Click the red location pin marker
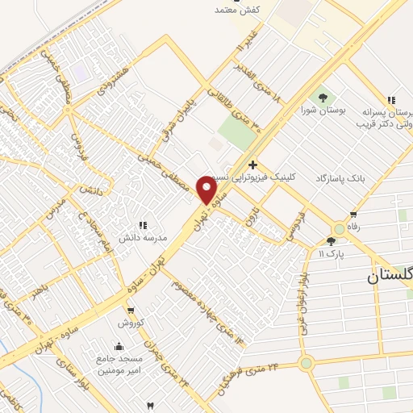[x=207, y=190]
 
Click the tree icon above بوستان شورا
[x=323, y=97]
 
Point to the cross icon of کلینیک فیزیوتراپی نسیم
[x=253, y=165]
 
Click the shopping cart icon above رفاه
[x=353, y=215]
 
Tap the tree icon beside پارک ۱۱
[x=332, y=241]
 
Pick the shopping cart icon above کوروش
[x=131, y=311]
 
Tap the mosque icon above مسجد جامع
[x=119, y=347]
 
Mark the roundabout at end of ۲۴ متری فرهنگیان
[x=306, y=363]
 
